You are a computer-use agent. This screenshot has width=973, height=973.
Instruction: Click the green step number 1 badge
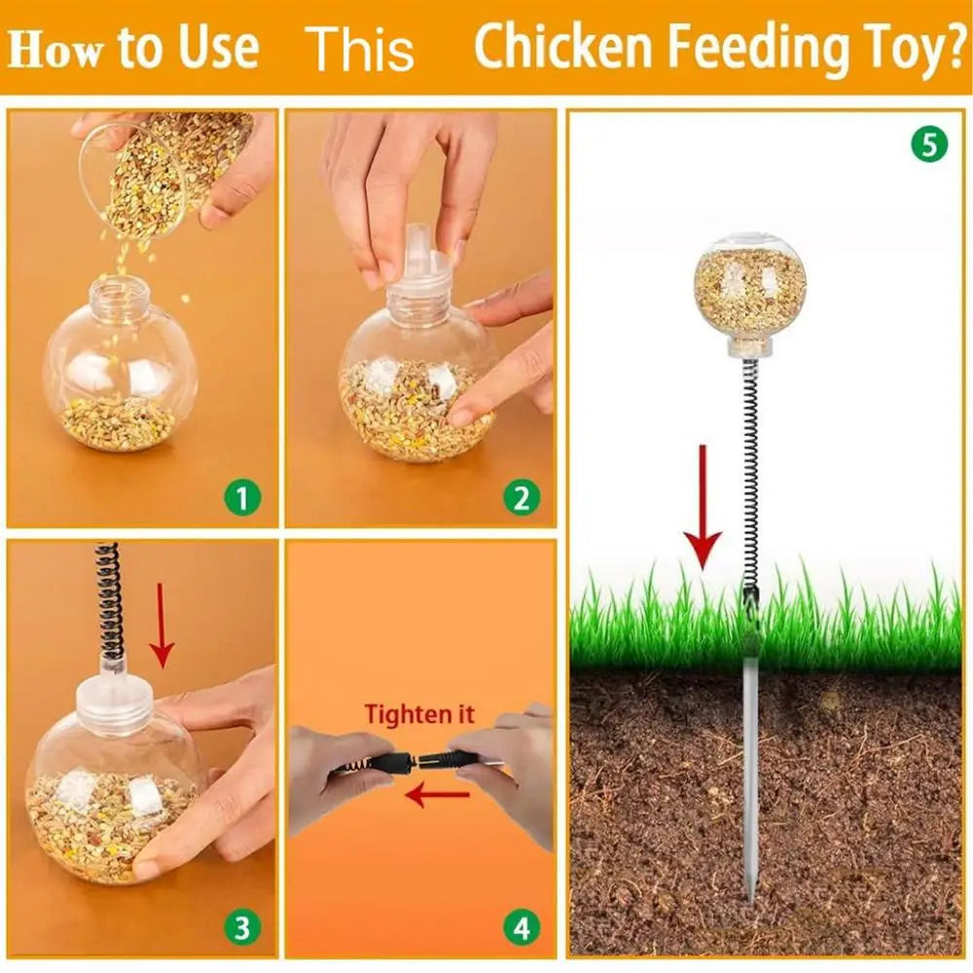(x=242, y=499)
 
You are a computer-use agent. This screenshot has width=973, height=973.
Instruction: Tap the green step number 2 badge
(x=522, y=499)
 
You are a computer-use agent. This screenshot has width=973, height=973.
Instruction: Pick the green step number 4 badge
(x=522, y=928)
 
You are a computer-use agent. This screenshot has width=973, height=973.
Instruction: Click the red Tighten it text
(x=419, y=713)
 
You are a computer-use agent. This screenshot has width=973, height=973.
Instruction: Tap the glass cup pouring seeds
(x=146, y=170)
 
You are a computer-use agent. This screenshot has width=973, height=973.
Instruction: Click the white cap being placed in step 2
(x=419, y=268)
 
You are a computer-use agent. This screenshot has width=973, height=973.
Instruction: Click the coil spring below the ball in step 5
(x=749, y=467)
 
